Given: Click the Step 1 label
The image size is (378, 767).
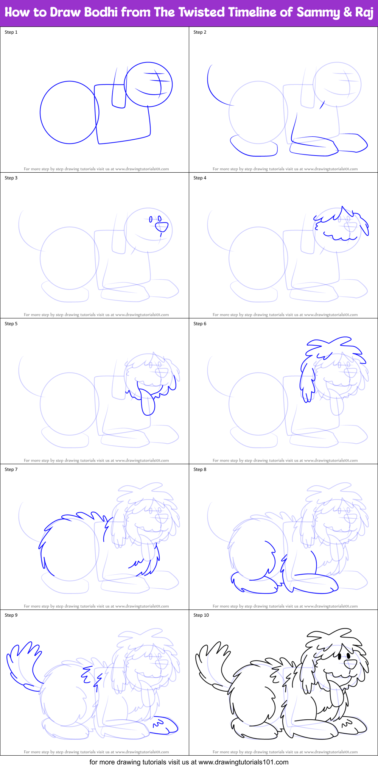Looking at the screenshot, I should [x=11, y=32].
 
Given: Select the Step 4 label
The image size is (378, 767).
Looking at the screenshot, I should [x=200, y=178].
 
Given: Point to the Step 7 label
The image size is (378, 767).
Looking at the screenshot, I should [x=11, y=469].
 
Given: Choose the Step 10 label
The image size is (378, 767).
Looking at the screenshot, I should [x=201, y=615].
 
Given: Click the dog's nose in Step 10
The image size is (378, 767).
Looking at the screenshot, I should [x=350, y=664].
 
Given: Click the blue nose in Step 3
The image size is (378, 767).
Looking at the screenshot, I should [x=162, y=227].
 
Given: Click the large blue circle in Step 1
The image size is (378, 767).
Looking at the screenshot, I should [x=70, y=112].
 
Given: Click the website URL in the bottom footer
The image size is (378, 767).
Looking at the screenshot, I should [x=243, y=762].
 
